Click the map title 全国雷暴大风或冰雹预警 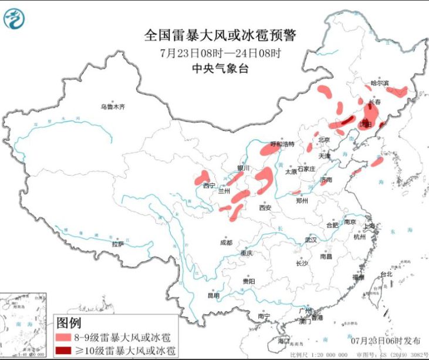(220, 35)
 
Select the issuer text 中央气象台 (220, 68)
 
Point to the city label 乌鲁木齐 (113, 107)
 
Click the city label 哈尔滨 (380, 83)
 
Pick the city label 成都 (225, 242)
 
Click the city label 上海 (369, 226)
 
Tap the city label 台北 (386, 274)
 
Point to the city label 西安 (265, 207)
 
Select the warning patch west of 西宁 (202, 177)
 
